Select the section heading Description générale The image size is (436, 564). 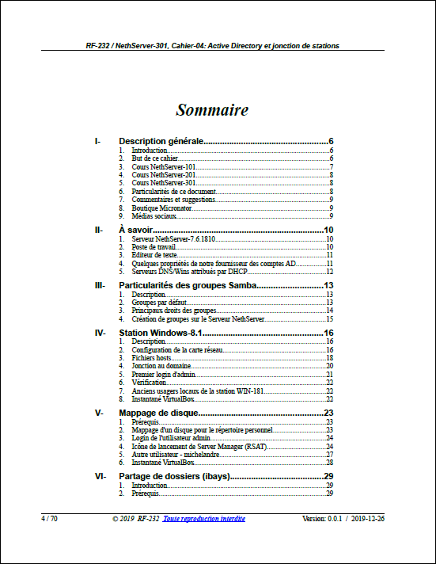pos(161,141)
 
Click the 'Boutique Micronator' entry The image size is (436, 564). pos(161,208)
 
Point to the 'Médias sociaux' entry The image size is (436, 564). pos(154,215)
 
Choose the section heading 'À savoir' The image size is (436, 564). pos(135,230)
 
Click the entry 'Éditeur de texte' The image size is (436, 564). pos(156,255)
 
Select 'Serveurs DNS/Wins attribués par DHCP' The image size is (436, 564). pos(184,271)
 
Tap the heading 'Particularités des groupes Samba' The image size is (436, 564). pos(187,285)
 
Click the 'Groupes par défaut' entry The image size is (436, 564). pos(158,303)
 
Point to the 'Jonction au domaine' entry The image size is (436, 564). pos(161,366)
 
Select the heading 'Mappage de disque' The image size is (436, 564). pos(157,413)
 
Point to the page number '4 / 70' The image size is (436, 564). pos(49,518)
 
